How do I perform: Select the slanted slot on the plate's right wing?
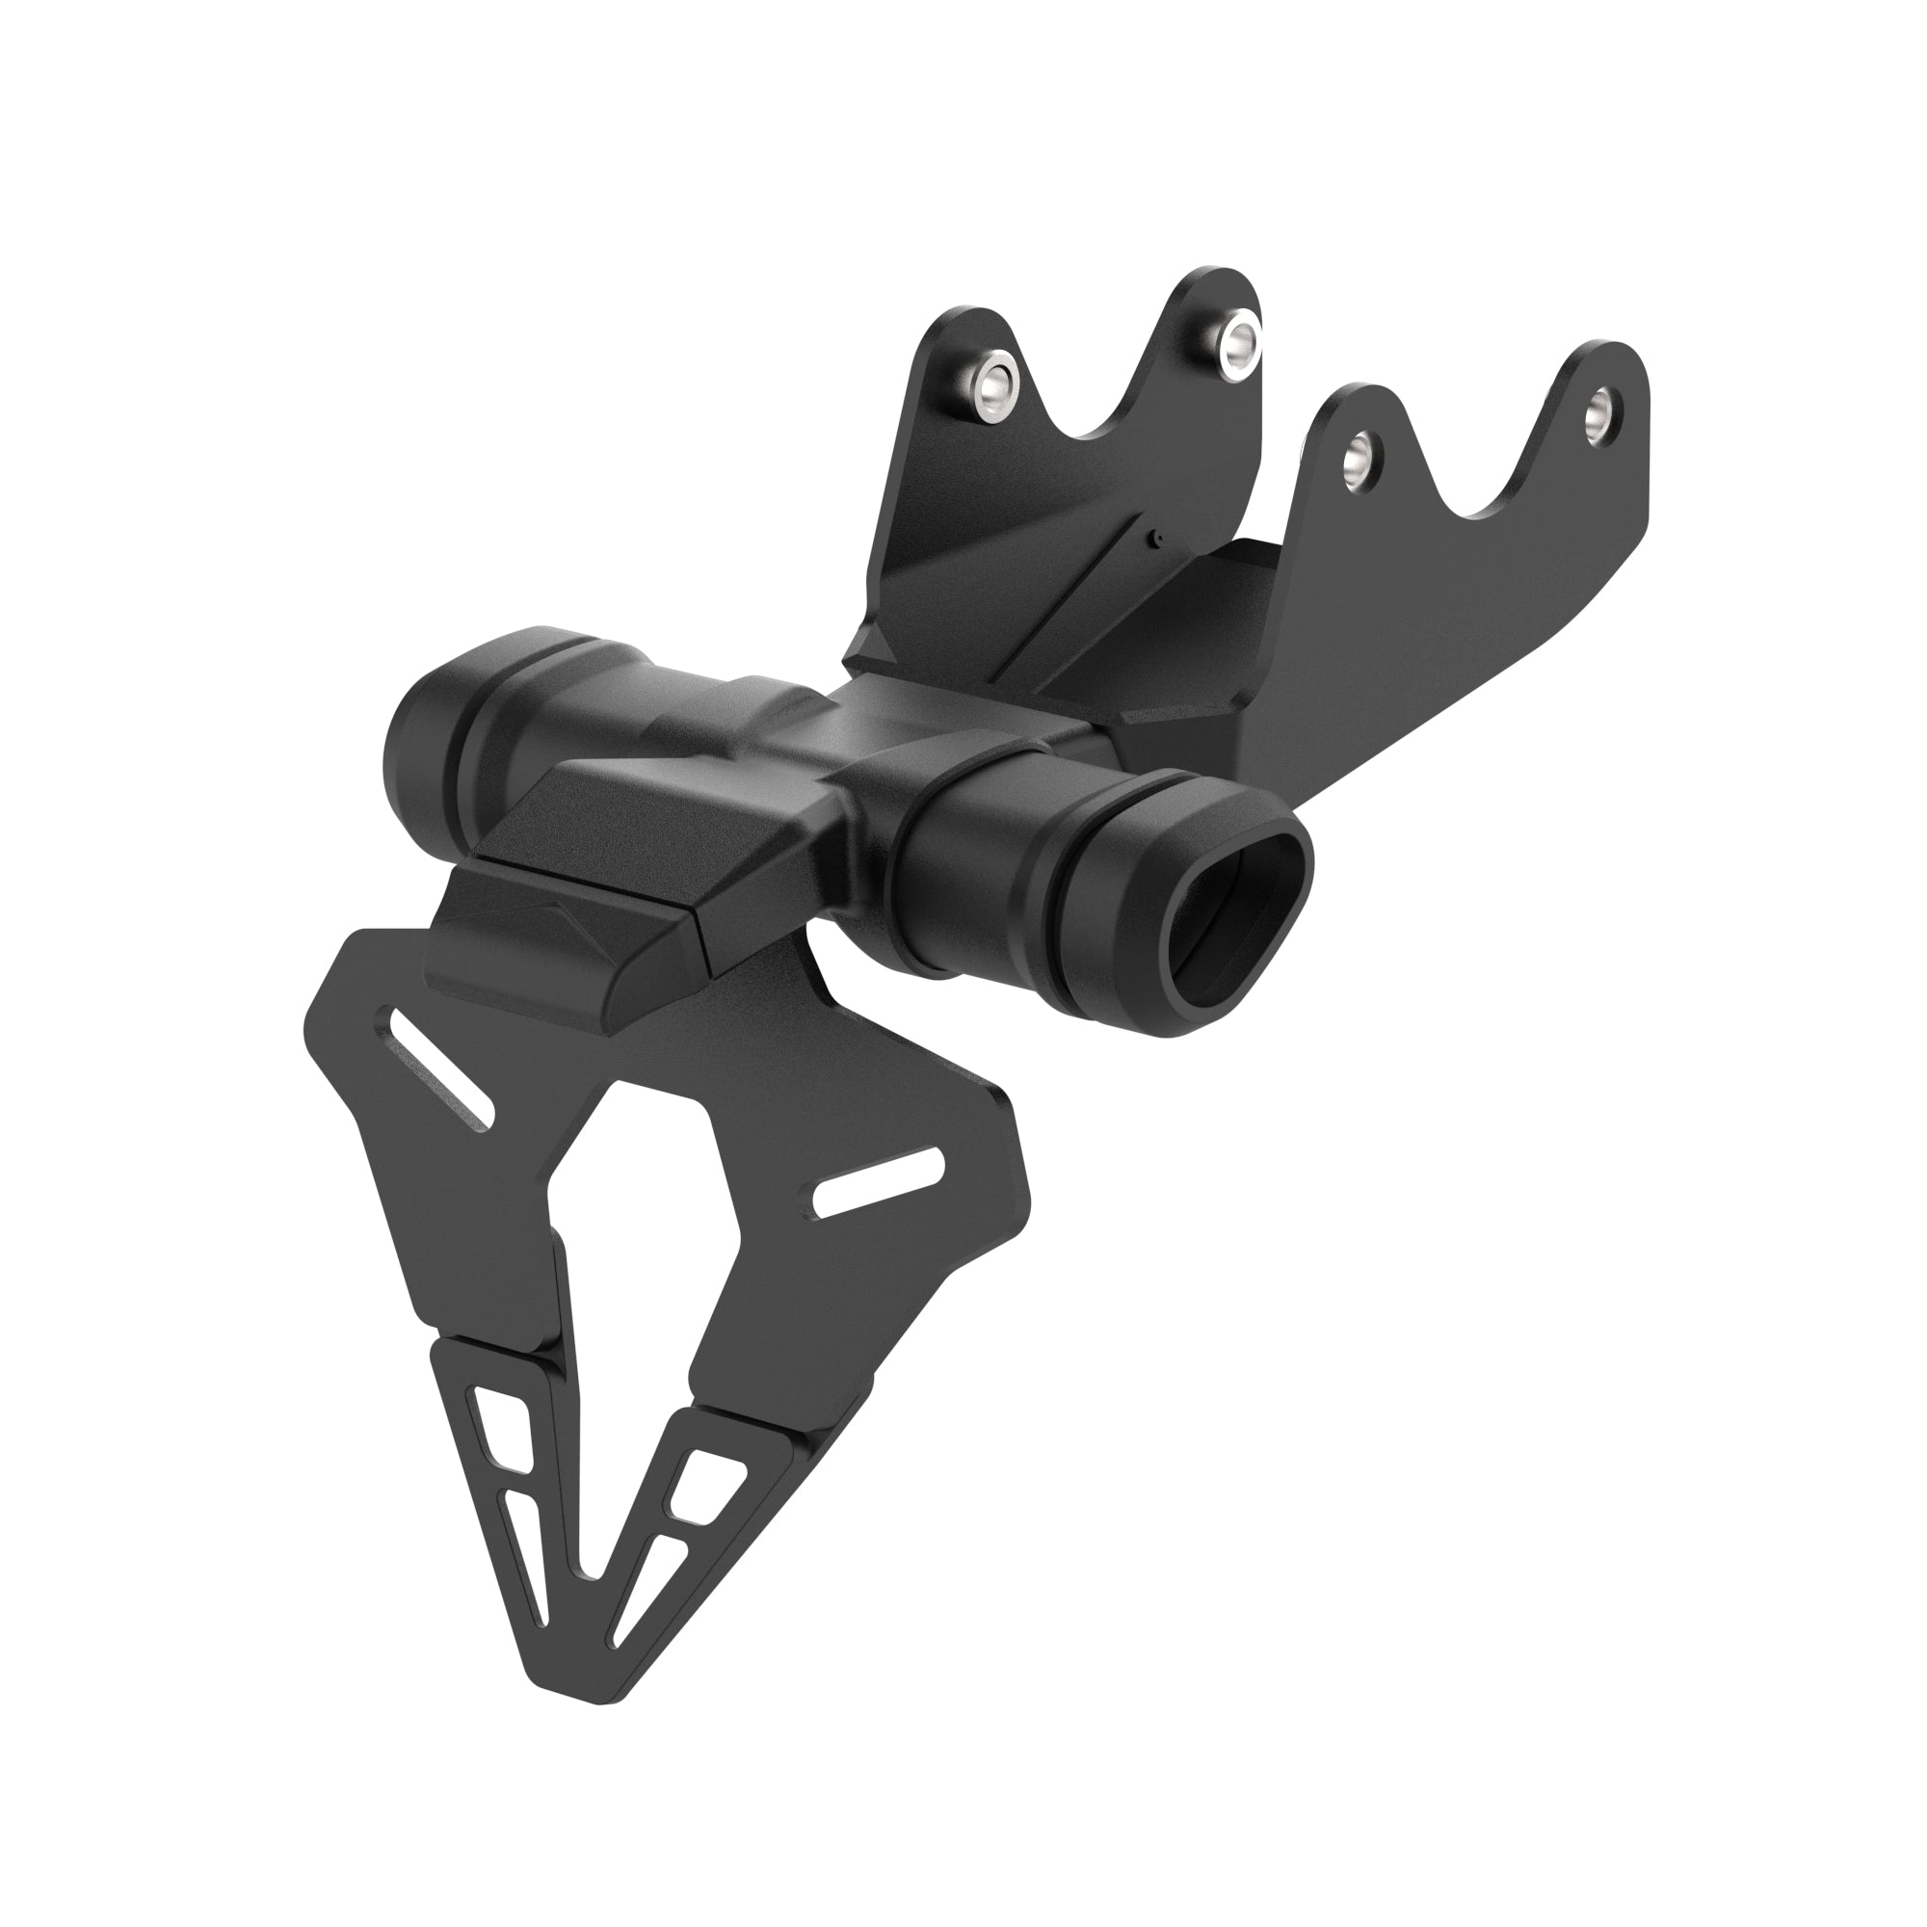878,1183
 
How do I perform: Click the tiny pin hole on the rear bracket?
1155,540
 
